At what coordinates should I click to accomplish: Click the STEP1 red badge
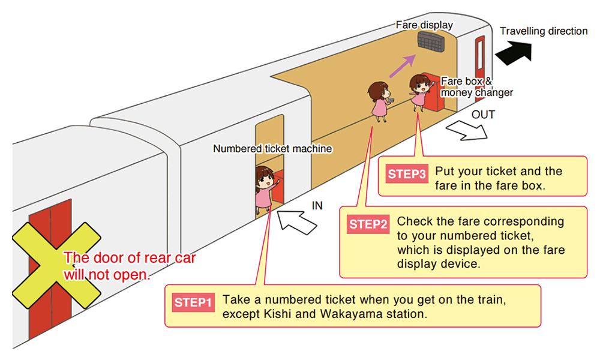(193, 302)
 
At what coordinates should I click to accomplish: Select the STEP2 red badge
(368, 224)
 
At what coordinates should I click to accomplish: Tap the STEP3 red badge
(407, 174)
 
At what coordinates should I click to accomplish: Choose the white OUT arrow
(467, 130)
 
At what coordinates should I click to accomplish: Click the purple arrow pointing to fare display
(403, 66)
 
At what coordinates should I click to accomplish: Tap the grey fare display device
(431, 41)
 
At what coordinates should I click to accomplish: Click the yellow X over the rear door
(56, 266)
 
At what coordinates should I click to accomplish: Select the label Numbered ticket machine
(272, 148)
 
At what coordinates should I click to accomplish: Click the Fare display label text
(424, 25)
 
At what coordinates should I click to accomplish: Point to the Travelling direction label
(544, 31)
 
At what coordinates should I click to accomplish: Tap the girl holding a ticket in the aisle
(380, 101)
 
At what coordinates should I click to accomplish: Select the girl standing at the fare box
(421, 92)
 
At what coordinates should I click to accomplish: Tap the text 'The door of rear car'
(130, 258)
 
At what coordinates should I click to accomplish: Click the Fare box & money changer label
(477, 87)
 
